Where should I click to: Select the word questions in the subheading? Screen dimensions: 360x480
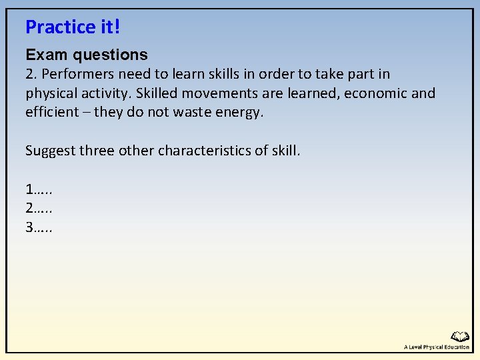109,55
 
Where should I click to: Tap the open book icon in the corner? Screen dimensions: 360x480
460,337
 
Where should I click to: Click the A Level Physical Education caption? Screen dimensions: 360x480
436,347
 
